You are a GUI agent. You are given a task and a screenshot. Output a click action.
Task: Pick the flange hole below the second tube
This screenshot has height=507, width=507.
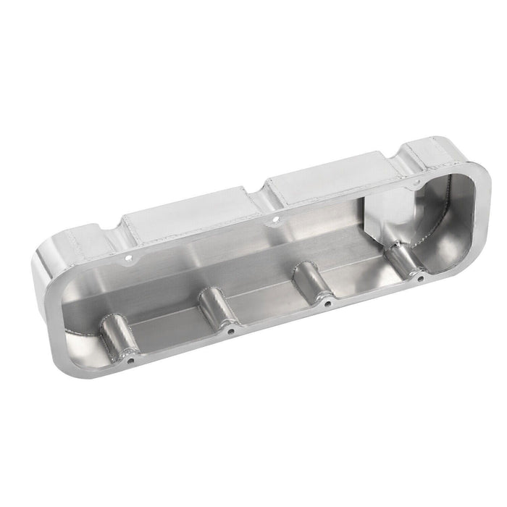coord(230,330)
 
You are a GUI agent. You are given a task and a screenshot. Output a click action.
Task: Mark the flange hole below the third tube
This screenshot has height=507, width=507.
coord(327,303)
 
